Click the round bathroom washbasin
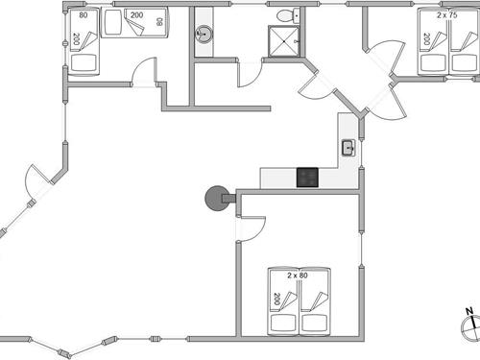204,36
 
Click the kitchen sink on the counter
348,148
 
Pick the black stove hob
307,177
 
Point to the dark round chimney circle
214,199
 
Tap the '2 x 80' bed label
297,276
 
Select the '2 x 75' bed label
447,14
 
